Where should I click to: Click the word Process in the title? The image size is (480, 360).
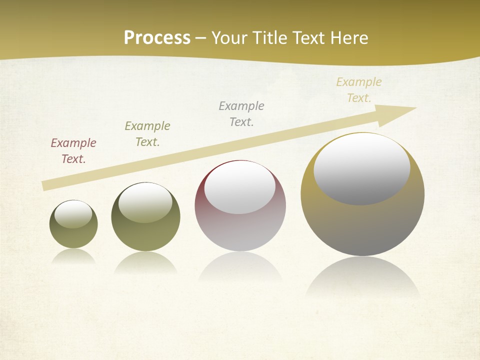(x=157, y=38)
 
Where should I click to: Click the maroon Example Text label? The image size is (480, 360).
(x=73, y=151)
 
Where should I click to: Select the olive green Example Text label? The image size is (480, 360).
(x=147, y=134)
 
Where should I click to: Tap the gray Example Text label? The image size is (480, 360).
(x=241, y=114)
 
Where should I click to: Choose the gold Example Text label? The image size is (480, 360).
(x=359, y=90)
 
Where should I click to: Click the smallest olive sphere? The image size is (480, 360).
(x=73, y=235)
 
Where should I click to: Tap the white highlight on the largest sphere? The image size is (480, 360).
(x=361, y=169)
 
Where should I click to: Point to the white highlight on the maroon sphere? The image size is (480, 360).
(x=240, y=186)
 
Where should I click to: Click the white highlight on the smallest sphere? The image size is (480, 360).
(x=73, y=214)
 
